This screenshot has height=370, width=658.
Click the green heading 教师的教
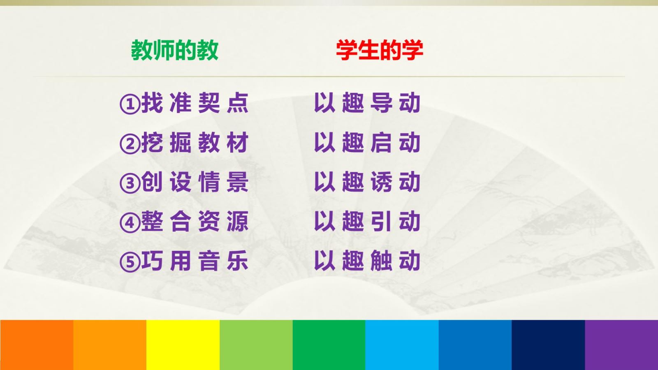(x=174, y=50)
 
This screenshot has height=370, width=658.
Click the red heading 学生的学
(x=380, y=50)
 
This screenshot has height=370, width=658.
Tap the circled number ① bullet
(x=130, y=104)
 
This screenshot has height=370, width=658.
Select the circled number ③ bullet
(x=130, y=183)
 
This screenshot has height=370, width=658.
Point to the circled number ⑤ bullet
(x=130, y=262)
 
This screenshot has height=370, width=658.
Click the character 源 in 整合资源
(x=238, y=221)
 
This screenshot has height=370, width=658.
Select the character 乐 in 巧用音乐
(x=238, y=261)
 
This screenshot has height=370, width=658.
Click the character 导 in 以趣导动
(x=381, y=103)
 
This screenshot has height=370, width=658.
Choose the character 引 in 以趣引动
(x=381, y=221)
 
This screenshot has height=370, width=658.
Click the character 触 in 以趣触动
(x=381, y=261)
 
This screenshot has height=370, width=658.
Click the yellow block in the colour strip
(x=183, y=345)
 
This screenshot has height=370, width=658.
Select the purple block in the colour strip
(x=621, y=345)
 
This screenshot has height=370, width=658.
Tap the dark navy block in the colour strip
(x=549, y=345)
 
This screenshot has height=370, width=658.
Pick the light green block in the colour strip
(x=256, y=345)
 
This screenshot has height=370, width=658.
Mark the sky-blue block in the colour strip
(x=402, y=345)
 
